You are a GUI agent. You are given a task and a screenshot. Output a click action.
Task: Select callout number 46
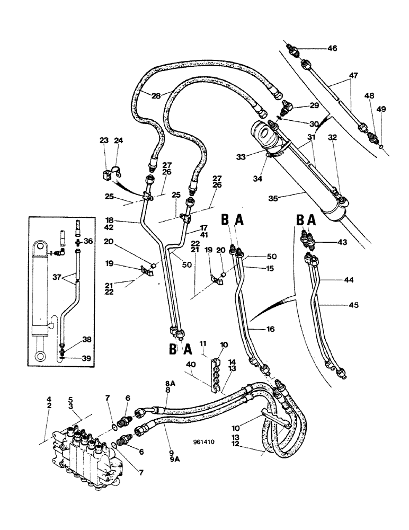click(x=332, y=48)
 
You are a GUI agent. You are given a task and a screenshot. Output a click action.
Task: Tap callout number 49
click(x=381, y=109)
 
